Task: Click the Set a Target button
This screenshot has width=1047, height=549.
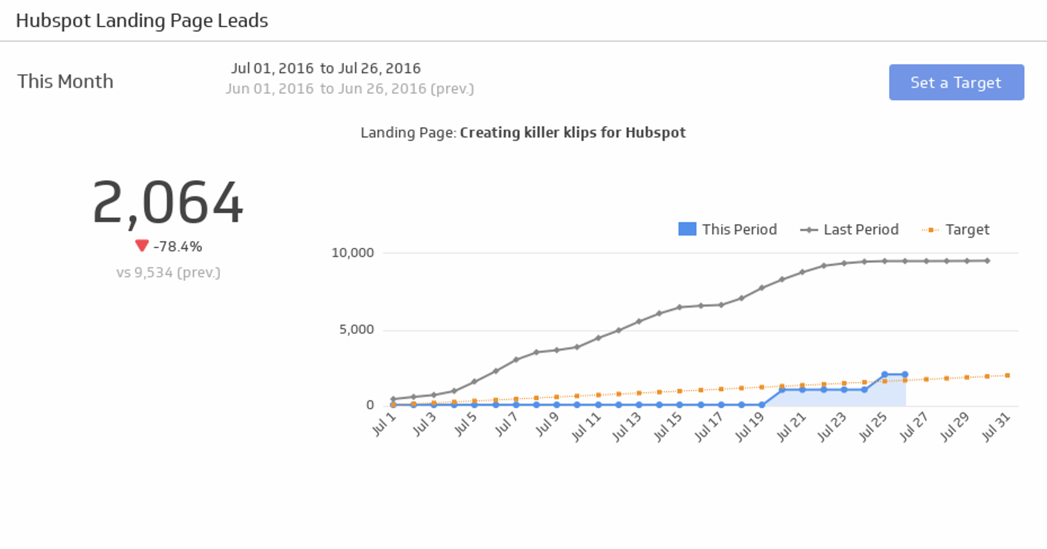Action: click(956, 82)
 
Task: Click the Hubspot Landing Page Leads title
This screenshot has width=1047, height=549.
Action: click(142, 21)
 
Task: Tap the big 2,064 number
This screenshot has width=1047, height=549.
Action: click(168, 203)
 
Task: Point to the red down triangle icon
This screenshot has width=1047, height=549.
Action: click(142, 246)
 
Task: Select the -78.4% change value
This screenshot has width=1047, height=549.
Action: click(178, 247)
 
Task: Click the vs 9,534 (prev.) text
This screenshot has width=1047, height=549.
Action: click(168, 272)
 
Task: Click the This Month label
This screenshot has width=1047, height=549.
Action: click(65, 81)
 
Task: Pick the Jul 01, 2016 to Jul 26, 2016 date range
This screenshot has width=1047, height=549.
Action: click(326, 68)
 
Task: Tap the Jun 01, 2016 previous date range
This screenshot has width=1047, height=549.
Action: click(350, 88)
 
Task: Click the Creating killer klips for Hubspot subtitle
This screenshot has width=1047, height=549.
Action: click(573, 133)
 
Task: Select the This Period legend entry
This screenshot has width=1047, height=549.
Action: click(727, 229)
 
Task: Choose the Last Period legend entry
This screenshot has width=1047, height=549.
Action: click(850, 229)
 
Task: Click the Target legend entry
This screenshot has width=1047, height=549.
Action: click(955, 229)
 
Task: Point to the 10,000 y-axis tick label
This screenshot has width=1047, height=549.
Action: click(353, 253)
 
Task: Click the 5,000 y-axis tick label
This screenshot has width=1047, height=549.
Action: click(357, 330)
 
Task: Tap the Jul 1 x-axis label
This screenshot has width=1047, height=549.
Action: click(383, 424)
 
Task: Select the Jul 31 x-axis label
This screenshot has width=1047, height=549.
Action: click(996, 427)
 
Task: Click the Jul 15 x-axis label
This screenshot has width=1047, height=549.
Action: click(667, 427)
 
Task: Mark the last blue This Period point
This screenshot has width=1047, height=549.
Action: click(905, 375)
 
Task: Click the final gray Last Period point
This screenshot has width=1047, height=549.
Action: click(987, 261)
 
